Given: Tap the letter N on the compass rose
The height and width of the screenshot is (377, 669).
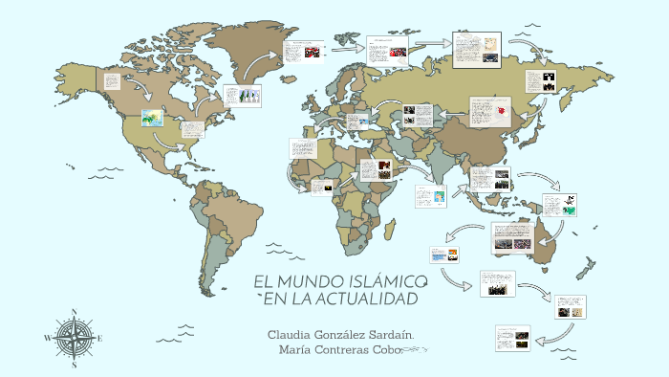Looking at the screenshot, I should pos(74,313).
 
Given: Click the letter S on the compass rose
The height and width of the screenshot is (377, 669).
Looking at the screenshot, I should pos(74,365).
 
